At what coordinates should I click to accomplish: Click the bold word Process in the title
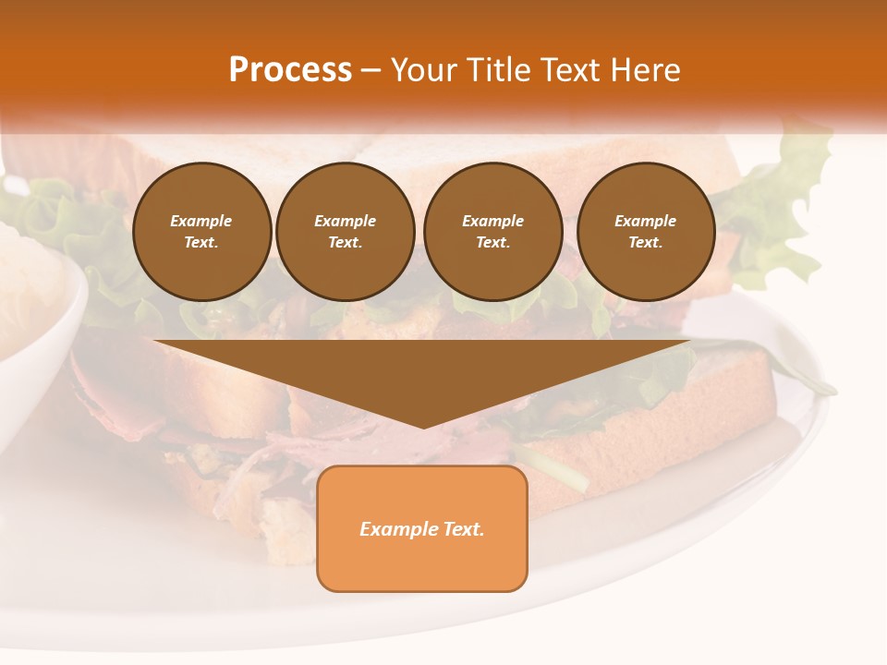point(290,70)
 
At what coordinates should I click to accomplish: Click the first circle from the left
point(201,232)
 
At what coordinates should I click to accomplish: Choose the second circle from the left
point(346,232)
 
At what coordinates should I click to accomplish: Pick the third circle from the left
point(493,232)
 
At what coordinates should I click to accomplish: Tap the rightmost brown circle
point(646,232)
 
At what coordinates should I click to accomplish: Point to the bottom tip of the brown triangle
point(423,428)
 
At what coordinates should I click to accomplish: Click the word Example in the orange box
point(398,529)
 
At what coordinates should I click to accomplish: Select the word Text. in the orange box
point(463,529)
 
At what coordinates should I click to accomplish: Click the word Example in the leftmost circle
point(201,221)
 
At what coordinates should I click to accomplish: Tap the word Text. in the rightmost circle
point(646,243)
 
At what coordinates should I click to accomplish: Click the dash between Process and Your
point(370,70)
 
